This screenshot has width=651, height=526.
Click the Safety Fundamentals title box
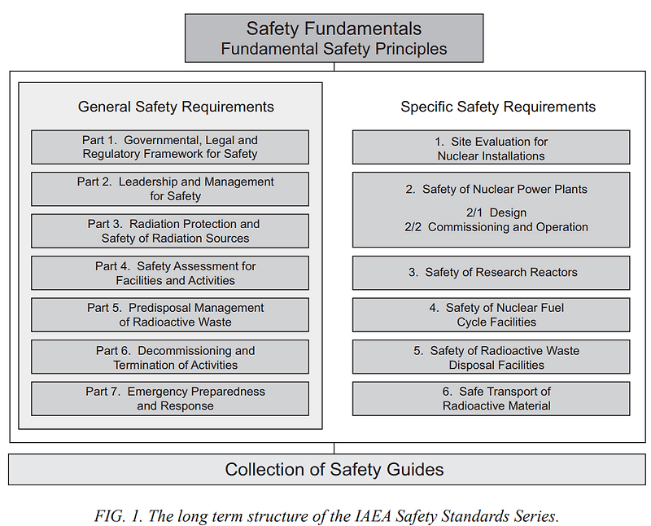pos(334,38)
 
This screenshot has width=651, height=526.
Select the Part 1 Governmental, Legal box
pos(170,147)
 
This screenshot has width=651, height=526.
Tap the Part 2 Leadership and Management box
pos(170,189)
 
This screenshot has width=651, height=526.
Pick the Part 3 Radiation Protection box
pos(170,231)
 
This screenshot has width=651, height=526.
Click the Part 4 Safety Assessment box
pos(170,274)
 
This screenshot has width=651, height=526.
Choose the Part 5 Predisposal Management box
pos(170,315)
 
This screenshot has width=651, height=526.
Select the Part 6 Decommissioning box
pos(170,357)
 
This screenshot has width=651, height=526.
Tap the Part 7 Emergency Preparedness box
pos(170,399)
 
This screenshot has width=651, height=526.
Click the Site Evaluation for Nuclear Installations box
pos(491,148)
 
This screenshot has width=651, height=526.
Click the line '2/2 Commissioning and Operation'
pos(496,227)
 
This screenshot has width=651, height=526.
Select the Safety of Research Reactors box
pos(491,273)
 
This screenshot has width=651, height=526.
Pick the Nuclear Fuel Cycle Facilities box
pos(491,315)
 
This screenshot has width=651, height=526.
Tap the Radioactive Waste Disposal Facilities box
pos(491,357)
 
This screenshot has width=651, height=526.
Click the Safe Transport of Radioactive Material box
pos(491,399)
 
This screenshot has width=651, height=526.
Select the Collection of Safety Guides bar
pos(334,470)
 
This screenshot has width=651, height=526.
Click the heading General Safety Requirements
pos(176,107)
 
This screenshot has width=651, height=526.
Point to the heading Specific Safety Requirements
pos(498,107)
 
